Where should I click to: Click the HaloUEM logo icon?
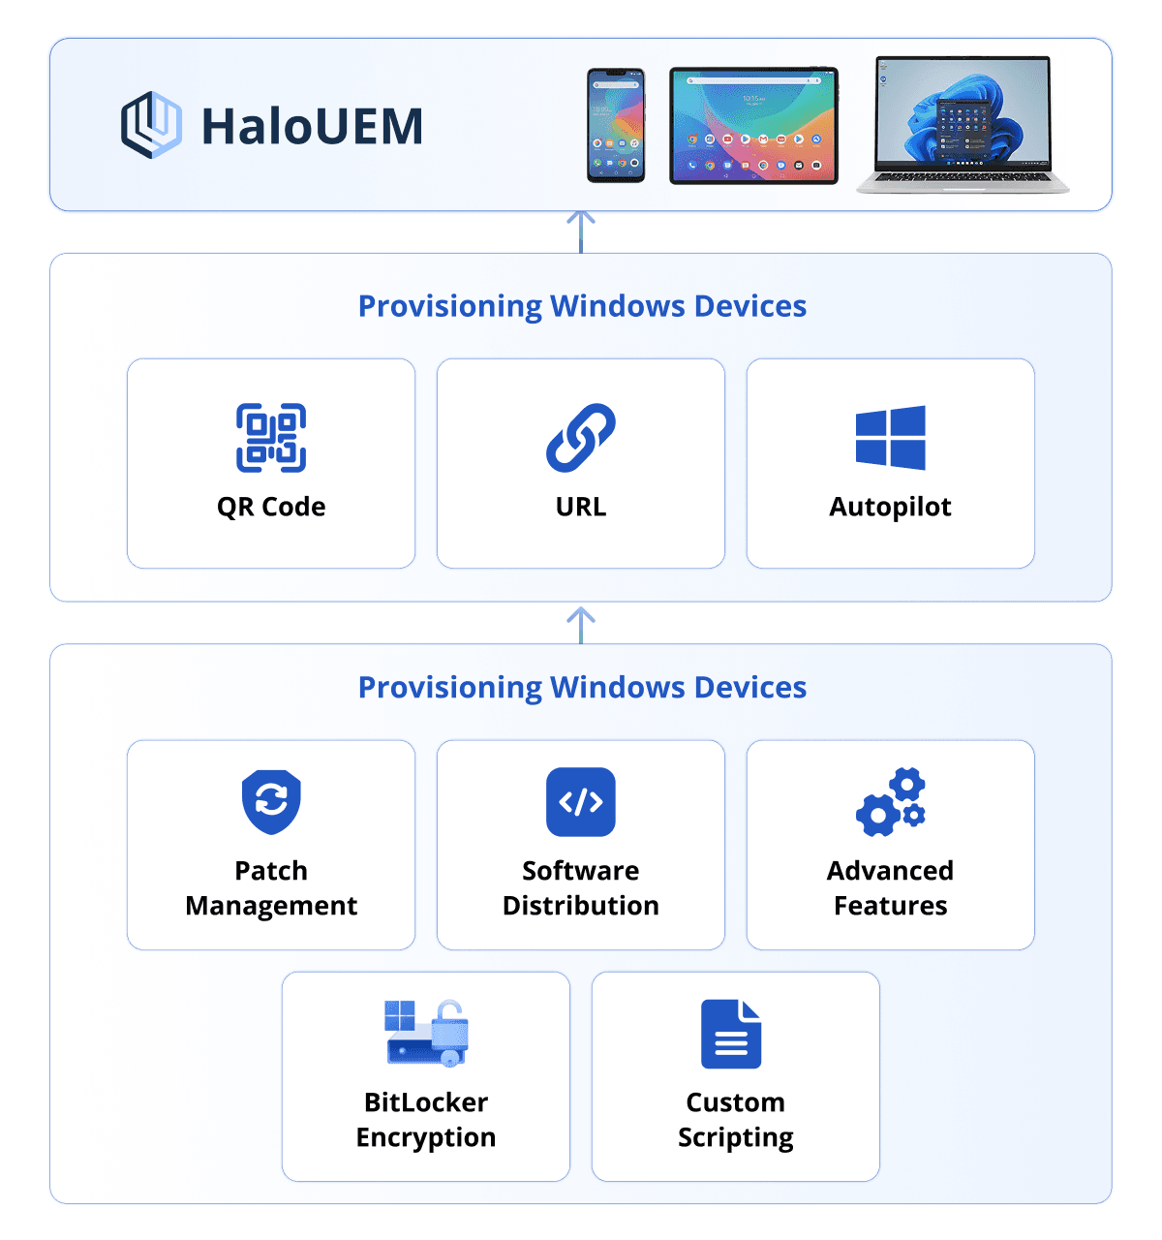tap(151, 125)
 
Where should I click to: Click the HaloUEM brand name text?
tap(312, 126)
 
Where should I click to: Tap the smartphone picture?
tap(616, 125)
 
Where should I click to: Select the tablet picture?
tap(753, 125)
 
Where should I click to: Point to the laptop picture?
tap(963, 124)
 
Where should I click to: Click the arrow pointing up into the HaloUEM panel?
tap(581, 231)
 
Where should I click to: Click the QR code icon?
tap(271, 438)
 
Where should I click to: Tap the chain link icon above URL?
tap(581, 438)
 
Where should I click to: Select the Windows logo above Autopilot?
tap(890, 438)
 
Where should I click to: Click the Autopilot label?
tap(890, 507)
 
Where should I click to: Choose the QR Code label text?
tap(271, 507)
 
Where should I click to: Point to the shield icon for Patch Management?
tap(271, 802)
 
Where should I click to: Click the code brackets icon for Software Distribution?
tap(581, 802)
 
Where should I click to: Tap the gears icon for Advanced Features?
tap(890, 802)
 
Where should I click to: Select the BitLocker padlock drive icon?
tap(427, 1034)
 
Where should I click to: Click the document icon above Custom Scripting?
tap(731, 1034)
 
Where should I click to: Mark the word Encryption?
tap(426, 1137)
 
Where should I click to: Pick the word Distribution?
tap(581, 906)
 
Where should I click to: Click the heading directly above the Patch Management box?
tap(582, 687)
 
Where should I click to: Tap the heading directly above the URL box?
tap(582, 306)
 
